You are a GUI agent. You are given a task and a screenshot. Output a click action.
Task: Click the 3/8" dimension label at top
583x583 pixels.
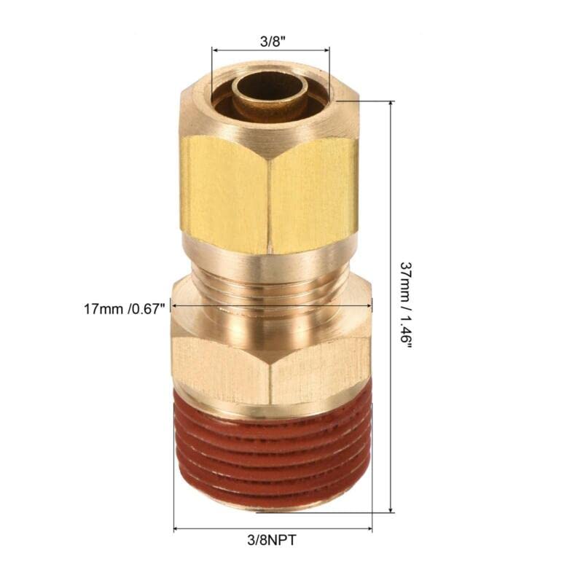point(270,42)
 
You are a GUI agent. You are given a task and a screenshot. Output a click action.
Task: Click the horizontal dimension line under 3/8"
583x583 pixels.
point(270,51)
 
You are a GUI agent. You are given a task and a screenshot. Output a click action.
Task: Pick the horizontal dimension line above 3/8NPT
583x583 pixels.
point(273,529)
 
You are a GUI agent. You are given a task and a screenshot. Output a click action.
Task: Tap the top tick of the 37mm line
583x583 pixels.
point(391,102)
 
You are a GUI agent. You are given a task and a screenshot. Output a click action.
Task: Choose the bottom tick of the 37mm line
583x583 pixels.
point(391,512)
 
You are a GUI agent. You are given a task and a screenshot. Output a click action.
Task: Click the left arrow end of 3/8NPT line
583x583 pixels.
point(175,529)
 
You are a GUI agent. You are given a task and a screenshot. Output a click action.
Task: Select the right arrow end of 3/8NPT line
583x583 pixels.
point(371,529)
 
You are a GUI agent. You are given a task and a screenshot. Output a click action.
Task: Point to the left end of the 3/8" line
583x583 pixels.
point(213,51)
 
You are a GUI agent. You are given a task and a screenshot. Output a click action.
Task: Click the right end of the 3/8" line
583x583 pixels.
point(329,51)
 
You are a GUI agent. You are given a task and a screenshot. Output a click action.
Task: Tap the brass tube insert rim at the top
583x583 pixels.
point(270,79)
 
